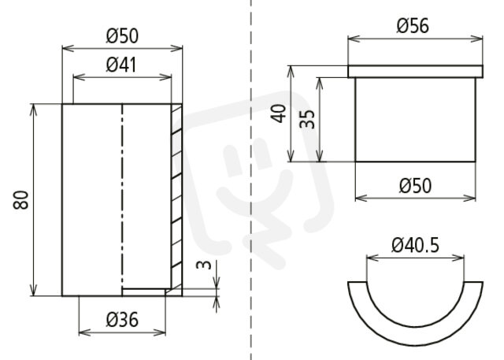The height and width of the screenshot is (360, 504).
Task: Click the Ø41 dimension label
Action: point(121,65)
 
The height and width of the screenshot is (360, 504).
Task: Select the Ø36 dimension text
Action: point(122,320)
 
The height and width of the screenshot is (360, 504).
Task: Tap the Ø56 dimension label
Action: point(413,26)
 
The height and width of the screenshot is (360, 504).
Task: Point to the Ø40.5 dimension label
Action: point(415,246)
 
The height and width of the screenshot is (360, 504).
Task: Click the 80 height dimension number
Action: point(21,200)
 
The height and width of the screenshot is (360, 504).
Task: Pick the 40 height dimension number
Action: point(279,113)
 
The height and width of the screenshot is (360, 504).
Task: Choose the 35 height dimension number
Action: point(307,119)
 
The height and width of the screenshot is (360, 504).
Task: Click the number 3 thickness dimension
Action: point(205,265)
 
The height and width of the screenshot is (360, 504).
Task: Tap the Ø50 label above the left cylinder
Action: point(122,35)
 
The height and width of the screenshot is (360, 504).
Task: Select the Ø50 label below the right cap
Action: point(415,186)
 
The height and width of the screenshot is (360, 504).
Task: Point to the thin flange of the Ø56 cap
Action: point(415,72)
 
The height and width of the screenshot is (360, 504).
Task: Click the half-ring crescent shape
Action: point(415,334)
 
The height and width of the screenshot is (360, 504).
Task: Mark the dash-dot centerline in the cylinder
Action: point(122,196)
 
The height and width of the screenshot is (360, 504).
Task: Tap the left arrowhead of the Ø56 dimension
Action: point(354,39)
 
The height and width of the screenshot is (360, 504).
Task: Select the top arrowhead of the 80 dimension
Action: point(33,109)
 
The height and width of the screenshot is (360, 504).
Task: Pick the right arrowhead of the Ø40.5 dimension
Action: point(458,258)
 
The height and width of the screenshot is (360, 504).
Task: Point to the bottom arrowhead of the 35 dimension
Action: point(320,156)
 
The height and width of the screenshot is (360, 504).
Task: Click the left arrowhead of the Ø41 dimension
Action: point(79,77)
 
